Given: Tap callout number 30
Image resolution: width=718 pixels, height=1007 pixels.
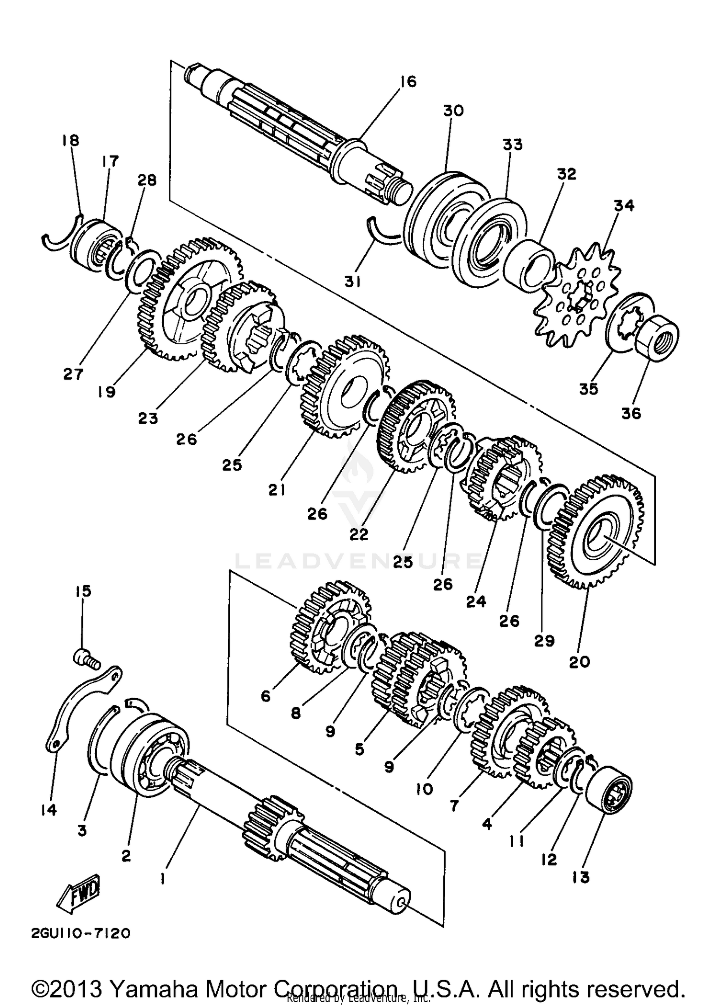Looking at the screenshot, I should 452,111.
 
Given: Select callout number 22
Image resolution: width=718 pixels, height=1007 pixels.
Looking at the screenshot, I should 359,534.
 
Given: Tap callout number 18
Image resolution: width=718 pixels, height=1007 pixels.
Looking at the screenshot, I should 70,141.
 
